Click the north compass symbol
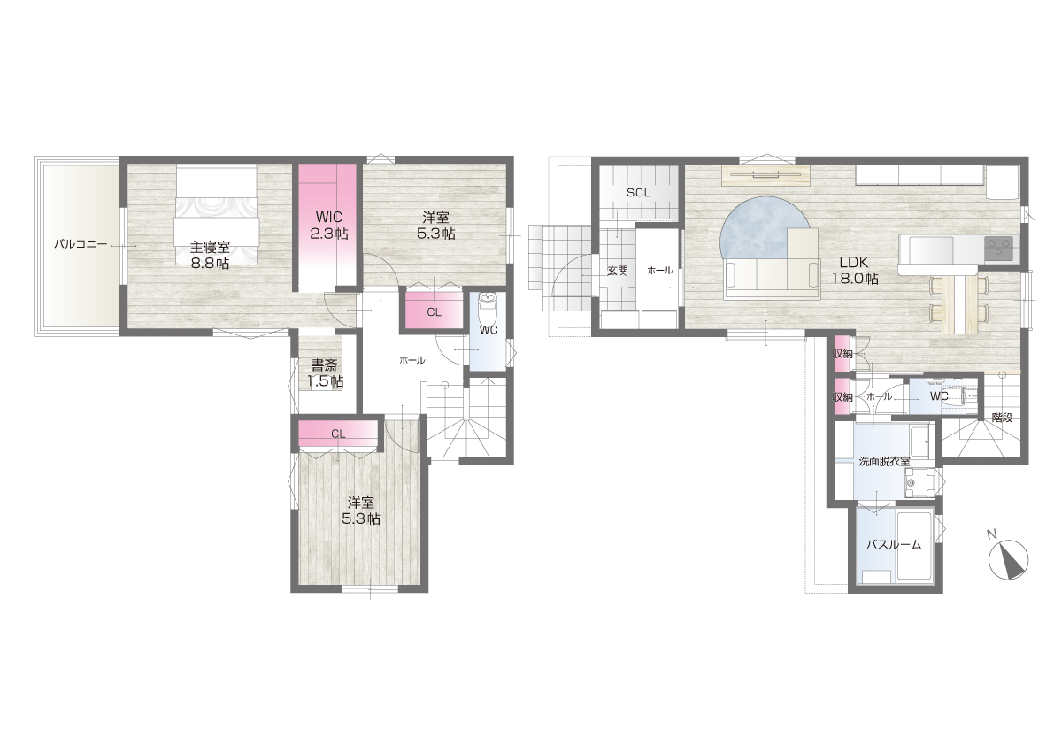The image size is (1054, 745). click(x=1009, y=559)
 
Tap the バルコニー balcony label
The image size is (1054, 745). click(x=81, y=244)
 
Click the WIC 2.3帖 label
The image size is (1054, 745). click(x=328, y=225)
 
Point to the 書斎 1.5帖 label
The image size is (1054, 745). click(x=325, y=373)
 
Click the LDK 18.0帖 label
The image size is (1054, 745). click(x=854, y=270)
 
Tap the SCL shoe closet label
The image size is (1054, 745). click(x=638, y=193)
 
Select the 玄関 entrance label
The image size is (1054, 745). click(x=617, y=272)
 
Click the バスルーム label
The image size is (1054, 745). click(x=893, y=545)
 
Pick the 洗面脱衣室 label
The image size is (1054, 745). click(x=885, y=462)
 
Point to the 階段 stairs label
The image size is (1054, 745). click(x=1002, y=417)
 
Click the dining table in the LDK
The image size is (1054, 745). click(x=959, y=304)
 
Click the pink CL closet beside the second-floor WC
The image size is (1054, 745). click(x=434, y=311)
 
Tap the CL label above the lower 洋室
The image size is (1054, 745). click(x=338, y=434)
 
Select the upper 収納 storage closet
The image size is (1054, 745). click(x=842, y=354)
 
